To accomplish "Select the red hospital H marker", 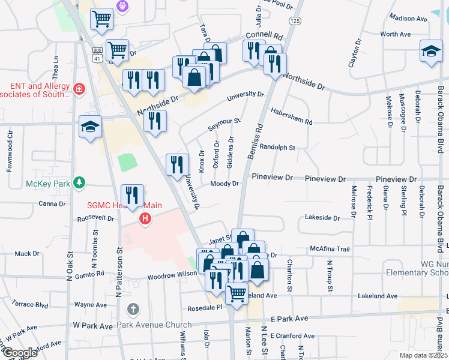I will tap(145, 220).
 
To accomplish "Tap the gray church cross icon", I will tap(133, 310).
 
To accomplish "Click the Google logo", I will tap(19, 352).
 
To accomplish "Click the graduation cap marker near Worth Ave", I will tap(431, 52).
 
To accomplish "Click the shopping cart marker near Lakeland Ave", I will tap(237, 294).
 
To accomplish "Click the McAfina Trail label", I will tap(330, 249).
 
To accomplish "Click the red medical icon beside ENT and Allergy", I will tap(79, 89).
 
